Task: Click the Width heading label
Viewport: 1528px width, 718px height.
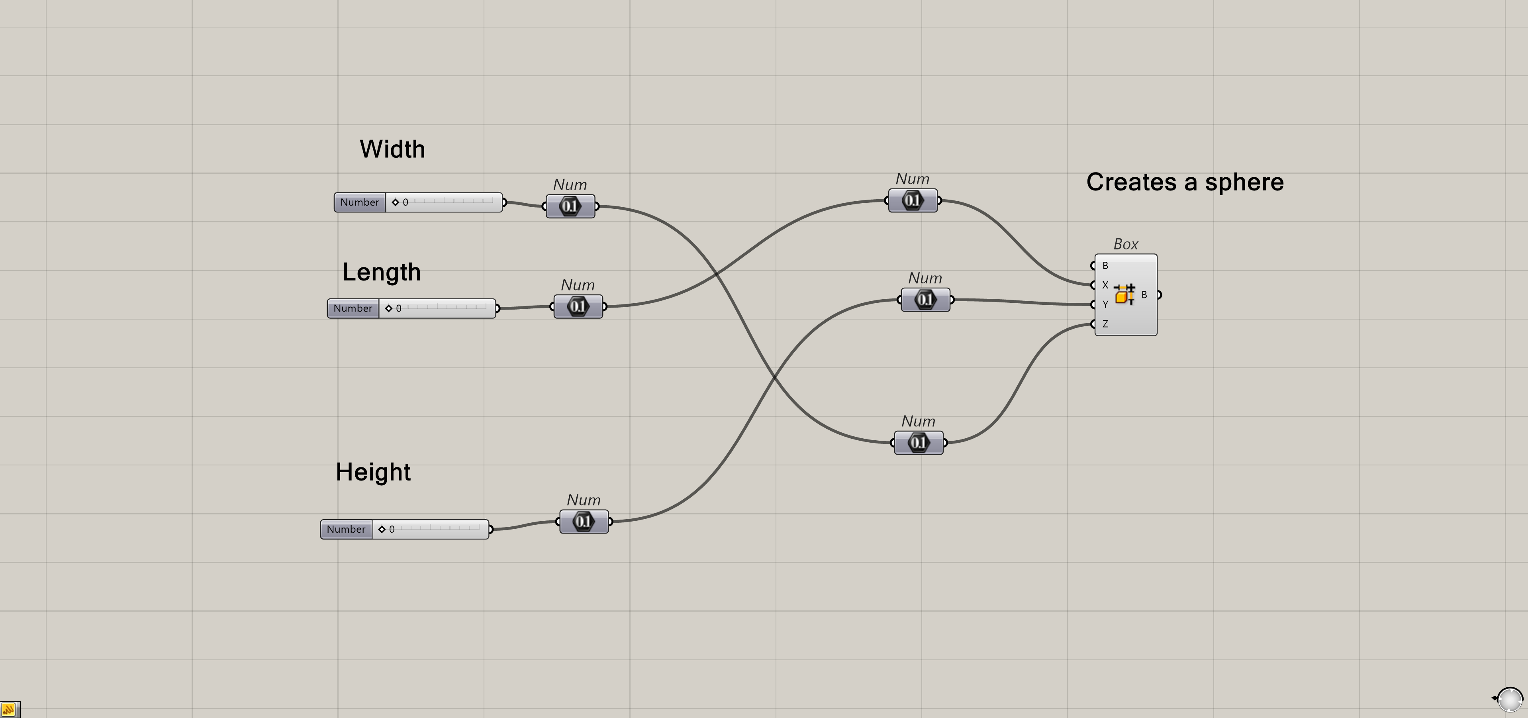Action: point(392,149)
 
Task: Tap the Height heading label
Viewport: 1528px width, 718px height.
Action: point(373,472)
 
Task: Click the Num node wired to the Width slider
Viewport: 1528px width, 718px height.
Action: point(570,206)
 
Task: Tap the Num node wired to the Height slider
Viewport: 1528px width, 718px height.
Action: point(584,522)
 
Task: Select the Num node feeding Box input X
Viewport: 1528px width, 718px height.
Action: point(912,200)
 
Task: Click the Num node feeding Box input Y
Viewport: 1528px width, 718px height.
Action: point(925,300)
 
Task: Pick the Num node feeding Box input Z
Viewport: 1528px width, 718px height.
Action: point(918,443)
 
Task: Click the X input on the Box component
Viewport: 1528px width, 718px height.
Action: point(1105,285)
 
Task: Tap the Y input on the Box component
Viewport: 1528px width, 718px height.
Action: point(1105,304)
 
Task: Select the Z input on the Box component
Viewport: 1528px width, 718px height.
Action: point(1105,324)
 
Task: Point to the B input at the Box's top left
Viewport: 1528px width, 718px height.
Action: point(1105,265)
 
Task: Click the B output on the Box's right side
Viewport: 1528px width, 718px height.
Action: point(1144,294)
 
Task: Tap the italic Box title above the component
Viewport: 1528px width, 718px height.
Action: point(1125,244)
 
